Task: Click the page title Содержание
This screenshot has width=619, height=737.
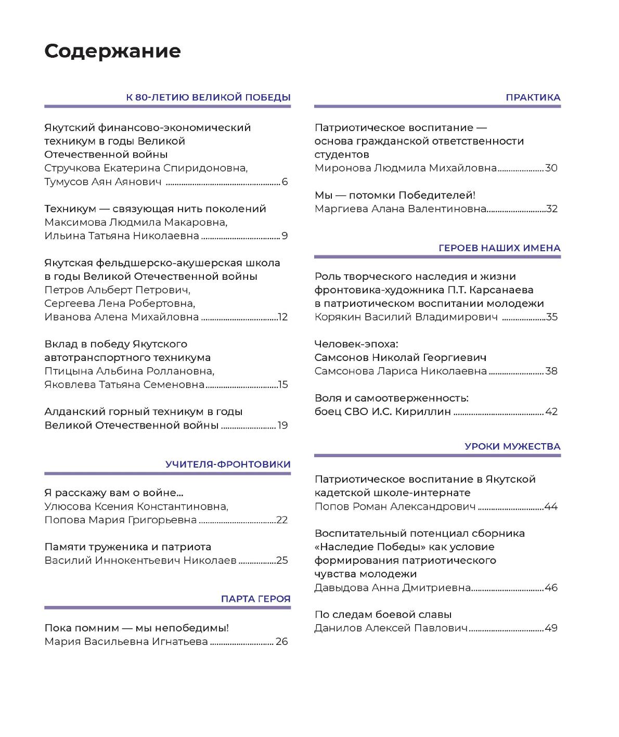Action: [x=112, y=51]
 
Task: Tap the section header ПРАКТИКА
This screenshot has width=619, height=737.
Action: [x=533, y=97]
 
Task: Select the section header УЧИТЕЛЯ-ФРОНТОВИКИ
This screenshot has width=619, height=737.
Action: [x=228, y=464]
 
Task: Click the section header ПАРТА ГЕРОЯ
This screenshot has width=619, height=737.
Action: [x=255, y=599]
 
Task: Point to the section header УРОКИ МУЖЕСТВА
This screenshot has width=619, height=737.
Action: [x=512, y=446]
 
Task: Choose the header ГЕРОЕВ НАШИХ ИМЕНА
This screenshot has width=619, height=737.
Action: [x=499, y=248]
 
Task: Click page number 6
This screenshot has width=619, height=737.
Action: [x=285, y=182]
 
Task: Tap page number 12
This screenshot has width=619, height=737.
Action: [x=282, y=317]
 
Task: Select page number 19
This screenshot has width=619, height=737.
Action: [x=282, y=425]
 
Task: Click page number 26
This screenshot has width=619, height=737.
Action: [x=281, y=642]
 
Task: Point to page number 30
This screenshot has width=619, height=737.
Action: [x=551, y=168]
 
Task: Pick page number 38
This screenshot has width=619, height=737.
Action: [x=551, y=371]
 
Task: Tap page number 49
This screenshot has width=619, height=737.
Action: [x=551, y=628]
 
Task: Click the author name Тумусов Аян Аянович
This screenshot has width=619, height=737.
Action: [x=102, y=182]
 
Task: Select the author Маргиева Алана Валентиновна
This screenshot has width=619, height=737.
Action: [x=400, y=209]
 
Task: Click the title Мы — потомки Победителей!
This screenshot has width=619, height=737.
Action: [x=395, y=196]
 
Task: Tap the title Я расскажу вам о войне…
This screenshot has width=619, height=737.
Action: [x=113, y=493]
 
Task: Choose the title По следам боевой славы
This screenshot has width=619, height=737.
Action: [x=383, y=615]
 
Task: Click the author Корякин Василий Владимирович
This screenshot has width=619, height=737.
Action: [x=406, y=317]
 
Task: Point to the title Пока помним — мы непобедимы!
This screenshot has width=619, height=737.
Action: [x=136, y=628]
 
